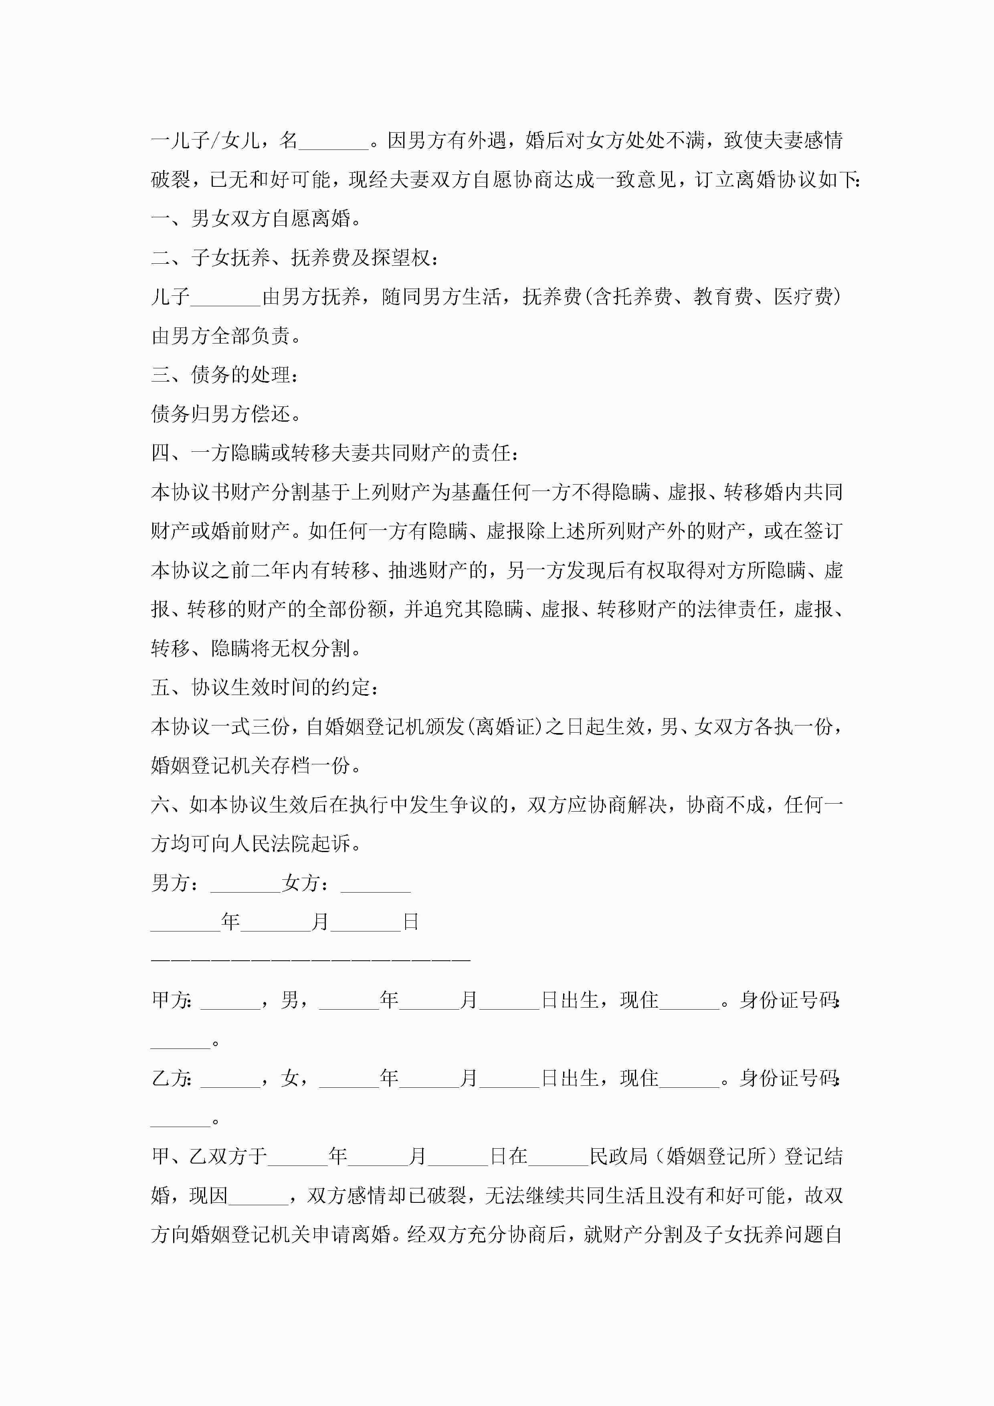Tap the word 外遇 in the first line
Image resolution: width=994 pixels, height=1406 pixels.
487,141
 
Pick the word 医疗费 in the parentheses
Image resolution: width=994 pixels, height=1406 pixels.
803,297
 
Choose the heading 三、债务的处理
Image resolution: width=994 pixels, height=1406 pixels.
225,375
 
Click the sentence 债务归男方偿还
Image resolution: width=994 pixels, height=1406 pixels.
225,414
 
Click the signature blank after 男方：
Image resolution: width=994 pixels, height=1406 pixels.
245,884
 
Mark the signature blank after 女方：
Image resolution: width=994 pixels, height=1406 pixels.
375,884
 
